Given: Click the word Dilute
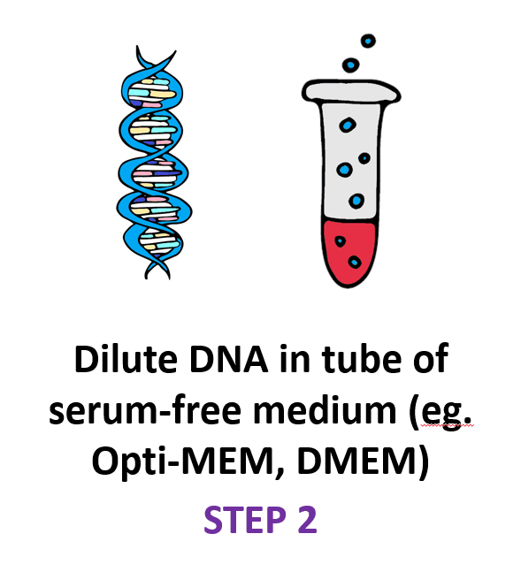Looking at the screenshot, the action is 126,358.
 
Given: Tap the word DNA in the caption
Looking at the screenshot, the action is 229,359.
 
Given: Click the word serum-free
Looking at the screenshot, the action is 145,410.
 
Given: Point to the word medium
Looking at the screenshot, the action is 325,410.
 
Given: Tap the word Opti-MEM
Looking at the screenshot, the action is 183,461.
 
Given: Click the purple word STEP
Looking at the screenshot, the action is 245,520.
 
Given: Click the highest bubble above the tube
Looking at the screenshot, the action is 368,41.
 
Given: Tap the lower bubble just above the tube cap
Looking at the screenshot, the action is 351,65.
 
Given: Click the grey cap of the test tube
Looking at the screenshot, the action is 351,91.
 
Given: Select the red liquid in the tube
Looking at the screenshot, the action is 349,252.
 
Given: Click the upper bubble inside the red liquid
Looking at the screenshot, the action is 341,241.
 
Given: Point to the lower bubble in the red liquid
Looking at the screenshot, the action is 354,263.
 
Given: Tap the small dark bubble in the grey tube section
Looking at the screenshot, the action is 364,158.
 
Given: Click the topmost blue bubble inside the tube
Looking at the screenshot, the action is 348,126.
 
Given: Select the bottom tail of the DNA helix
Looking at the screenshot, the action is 157,271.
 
